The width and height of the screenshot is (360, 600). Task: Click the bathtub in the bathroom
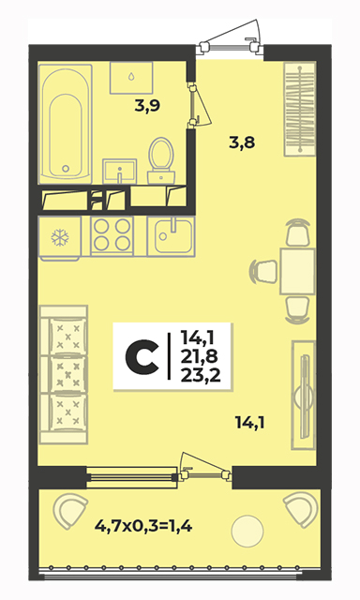tap(66, 124)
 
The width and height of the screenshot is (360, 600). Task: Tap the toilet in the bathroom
tap(161, 159)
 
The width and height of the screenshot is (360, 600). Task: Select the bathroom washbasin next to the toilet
tap(119, 172)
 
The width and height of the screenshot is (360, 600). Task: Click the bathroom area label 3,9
tap(147, 106)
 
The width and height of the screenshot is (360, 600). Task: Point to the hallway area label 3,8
tap(242, 142)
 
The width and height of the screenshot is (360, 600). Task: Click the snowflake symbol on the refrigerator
tap(60, 237)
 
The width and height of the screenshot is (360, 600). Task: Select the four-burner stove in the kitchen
tap(112, 235)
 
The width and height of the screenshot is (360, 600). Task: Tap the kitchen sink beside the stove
tap(171, 235)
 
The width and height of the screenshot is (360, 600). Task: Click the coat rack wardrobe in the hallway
tap(300, 109)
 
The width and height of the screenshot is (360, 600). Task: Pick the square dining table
tap(297, 271)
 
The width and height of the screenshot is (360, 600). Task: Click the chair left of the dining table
tap(263, 271)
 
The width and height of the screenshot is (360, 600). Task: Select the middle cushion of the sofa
tap(68, 374)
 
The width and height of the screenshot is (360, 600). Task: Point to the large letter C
tap(142, 357)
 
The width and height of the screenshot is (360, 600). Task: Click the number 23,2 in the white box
tap(201, 376)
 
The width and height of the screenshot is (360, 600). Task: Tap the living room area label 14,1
tap(250, 423)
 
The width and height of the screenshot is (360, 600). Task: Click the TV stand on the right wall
tap(304, 395)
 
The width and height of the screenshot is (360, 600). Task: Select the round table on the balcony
tap(247, 532)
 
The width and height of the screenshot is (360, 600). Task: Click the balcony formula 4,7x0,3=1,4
tap(143, 527)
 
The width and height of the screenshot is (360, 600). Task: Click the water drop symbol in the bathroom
tap(131, 77)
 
